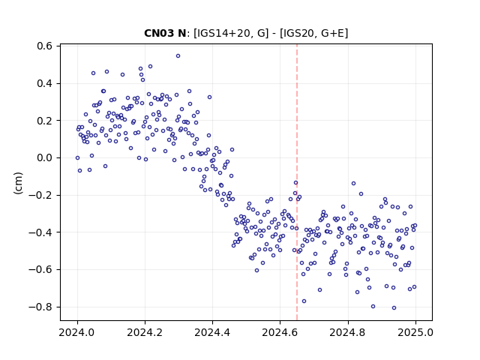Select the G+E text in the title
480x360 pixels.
point(333,33)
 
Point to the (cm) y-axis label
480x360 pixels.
point(18,183)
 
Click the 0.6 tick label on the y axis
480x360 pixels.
point(45,46)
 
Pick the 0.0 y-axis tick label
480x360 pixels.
point(45,158)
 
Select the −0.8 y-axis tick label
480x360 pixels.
point(41,307)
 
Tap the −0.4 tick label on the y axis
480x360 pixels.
point(41,232)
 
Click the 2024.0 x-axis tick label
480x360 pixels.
point(77,332)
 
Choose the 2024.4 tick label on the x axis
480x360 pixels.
point(212,332)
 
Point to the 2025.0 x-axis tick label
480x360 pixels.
point(415,332)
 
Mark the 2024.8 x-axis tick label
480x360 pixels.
point(348,332)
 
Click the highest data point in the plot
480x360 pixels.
point(178,56)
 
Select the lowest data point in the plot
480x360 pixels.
point(394,308)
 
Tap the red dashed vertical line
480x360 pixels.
point(297,182)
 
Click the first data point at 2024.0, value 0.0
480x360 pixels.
point(77,158)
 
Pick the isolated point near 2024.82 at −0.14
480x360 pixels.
point(353,183)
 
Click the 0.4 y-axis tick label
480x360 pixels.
point(45,83)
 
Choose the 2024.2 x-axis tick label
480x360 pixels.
point(145,332)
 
